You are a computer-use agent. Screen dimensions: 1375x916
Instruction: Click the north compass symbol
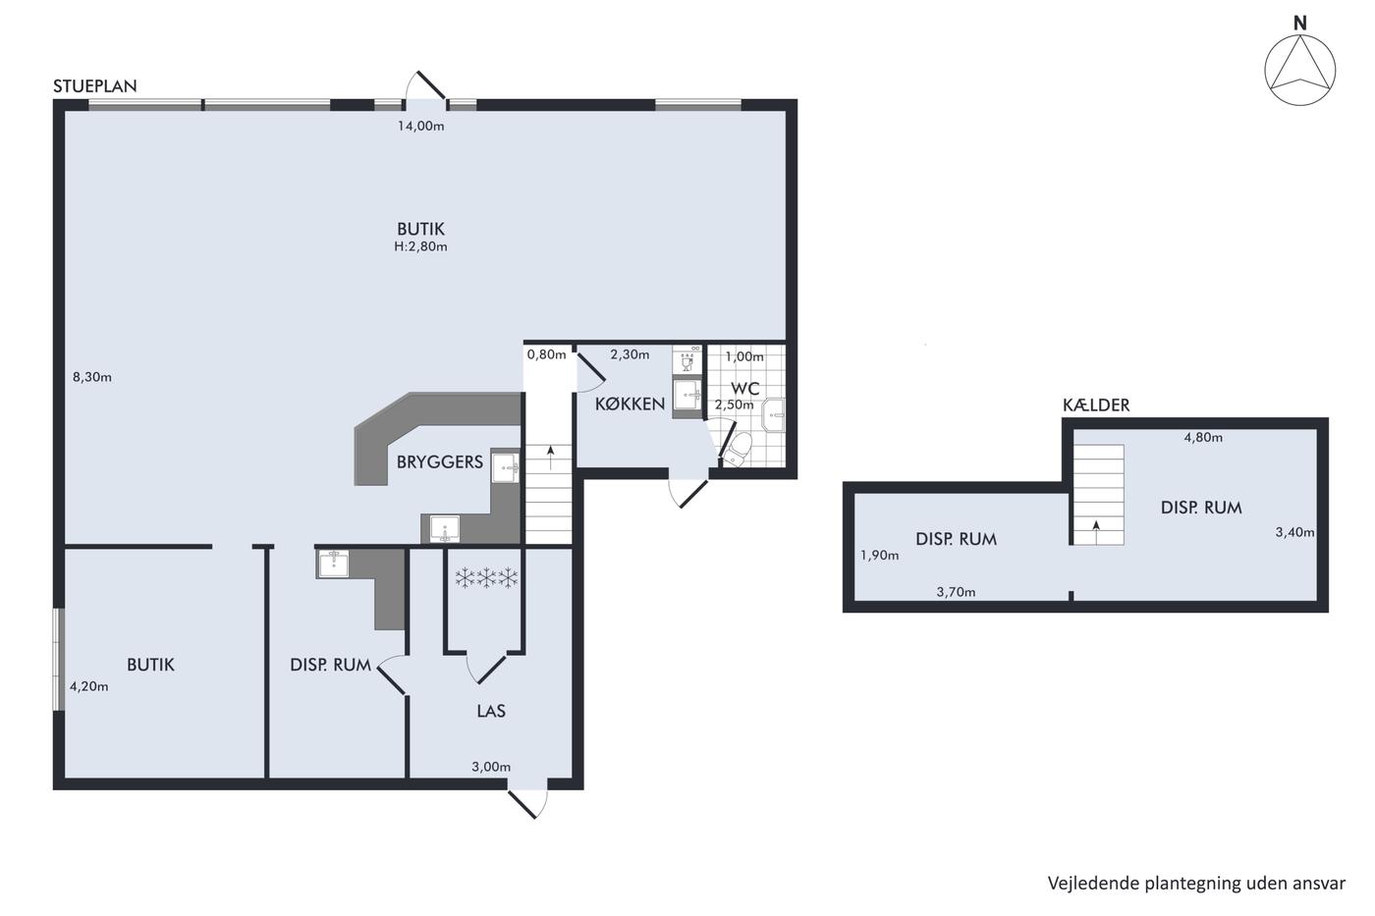click(1299, 70)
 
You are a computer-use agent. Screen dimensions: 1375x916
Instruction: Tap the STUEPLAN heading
click(95, 86)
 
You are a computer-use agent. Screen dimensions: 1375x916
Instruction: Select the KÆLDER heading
click(1096, 404)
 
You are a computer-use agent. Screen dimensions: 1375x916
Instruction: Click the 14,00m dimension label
click(421, 127)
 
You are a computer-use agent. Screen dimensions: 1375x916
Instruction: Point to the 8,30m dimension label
click(92, 377)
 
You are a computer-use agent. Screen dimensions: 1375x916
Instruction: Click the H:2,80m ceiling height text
click(420, 246)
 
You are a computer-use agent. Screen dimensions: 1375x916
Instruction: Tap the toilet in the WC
click(738, 449)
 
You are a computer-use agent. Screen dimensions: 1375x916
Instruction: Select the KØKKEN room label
click(630, 404)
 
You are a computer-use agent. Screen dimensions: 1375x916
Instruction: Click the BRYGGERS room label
click(440, 462)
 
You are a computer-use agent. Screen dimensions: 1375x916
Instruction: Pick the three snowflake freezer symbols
click(486, 577)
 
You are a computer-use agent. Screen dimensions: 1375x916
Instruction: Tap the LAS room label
click(491, 711)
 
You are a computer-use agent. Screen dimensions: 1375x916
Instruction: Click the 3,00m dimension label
click(491, 767)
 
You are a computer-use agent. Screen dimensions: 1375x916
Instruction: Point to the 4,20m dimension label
click(89, 686)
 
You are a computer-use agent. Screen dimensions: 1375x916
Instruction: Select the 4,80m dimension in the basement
click(1203, 438)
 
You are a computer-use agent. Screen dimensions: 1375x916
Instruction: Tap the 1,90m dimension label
click(880, 556)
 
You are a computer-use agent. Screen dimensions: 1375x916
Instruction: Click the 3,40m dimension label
click(1295, 532)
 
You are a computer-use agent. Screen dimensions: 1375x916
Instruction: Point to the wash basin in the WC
click(774, 415)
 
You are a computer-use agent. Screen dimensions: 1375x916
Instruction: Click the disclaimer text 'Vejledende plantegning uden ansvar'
click(1196, 884)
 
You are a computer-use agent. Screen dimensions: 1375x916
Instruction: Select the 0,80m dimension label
click(546, 354)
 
